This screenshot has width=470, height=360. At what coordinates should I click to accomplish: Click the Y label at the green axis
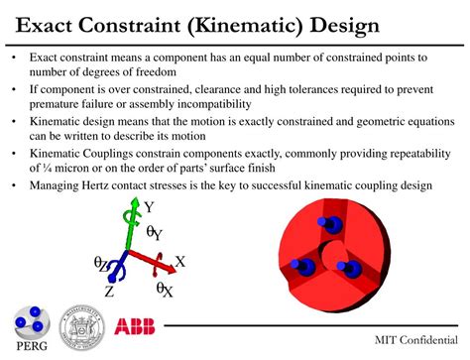pyautogui.click(x=149, y=207)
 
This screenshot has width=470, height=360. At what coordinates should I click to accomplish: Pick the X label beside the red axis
pyautogui.click(x=180, y=262)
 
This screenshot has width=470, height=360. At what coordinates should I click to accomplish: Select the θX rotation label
pyautogui.click(x=164, y=289)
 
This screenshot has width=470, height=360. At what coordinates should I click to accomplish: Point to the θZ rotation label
pyautogui.click(x=101, y=264)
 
